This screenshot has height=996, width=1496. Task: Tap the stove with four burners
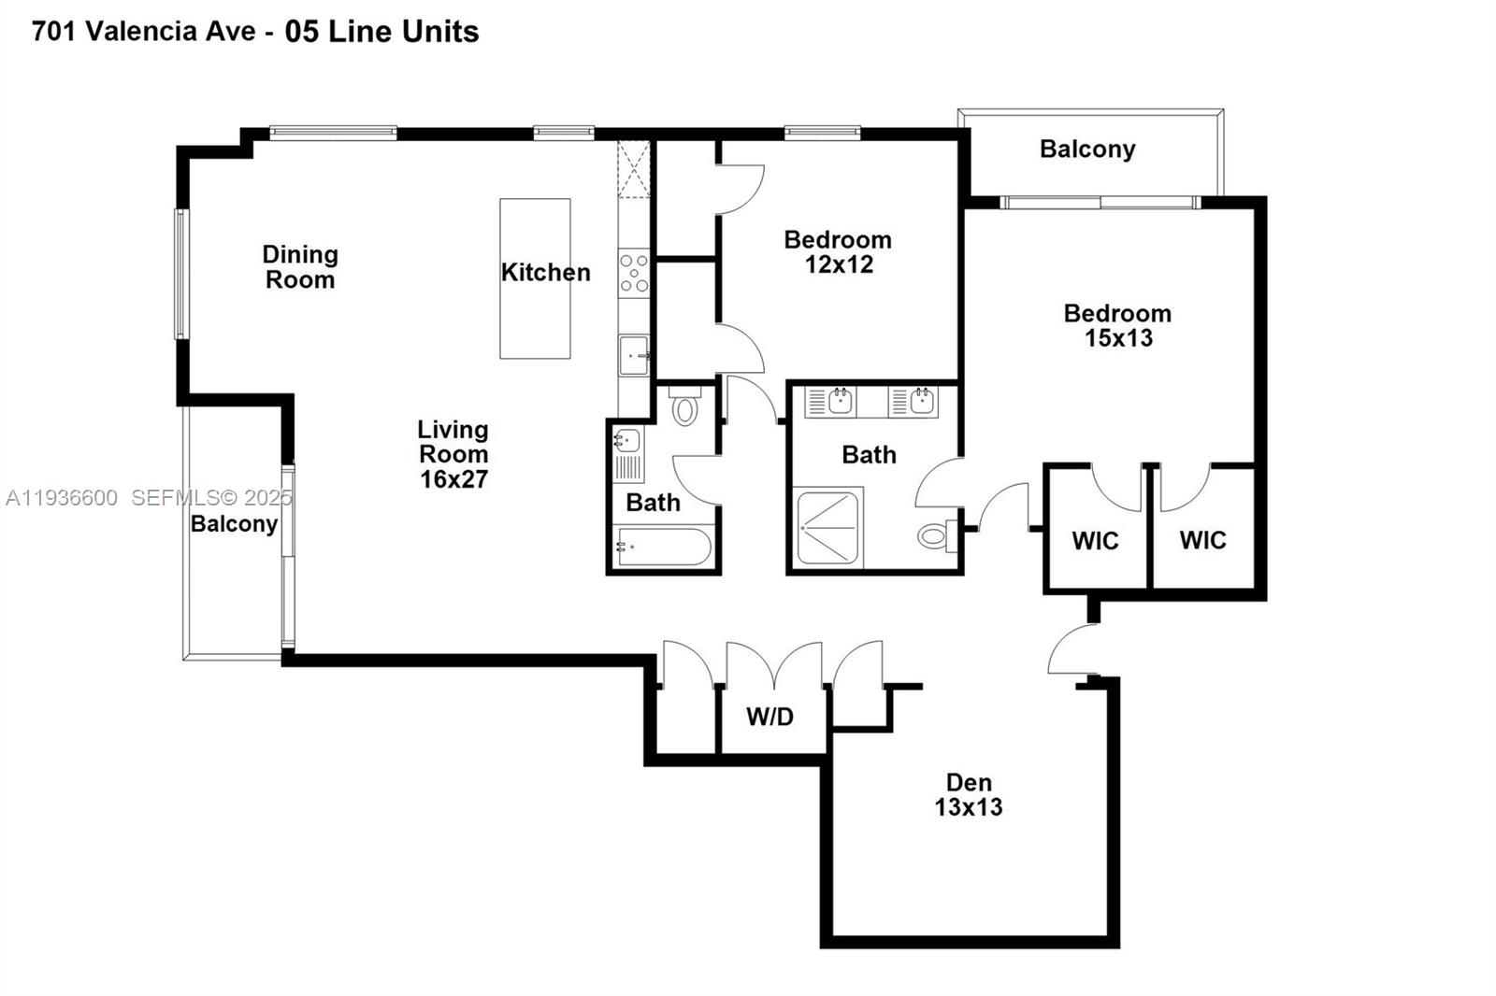coord(634,272)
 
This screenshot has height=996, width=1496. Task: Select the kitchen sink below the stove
coord(634,355)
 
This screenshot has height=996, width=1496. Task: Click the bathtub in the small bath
coord(663,548)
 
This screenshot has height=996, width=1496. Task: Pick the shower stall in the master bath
coord(827,529)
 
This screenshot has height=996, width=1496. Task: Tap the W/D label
coord(770,717)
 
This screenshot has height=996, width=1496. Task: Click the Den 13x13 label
coord(969,795)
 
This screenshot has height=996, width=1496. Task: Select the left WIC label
coord(1095,541)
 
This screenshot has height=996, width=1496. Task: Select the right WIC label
coord(1202,540)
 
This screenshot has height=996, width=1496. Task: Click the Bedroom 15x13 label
coord(1117,326)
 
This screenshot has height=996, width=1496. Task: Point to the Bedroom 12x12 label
coord(838,252)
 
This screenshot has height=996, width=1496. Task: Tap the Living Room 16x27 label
coord(453,454)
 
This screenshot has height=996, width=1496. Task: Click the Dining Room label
coord(299,267)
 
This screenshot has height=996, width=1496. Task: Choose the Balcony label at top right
coord(1087,149)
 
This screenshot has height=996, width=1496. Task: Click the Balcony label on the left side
coord(234,523)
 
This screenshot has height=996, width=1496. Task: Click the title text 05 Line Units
coord(381,32)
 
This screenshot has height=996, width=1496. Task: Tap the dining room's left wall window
coord(181,273)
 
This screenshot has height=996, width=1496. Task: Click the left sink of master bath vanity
coord(839,402)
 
